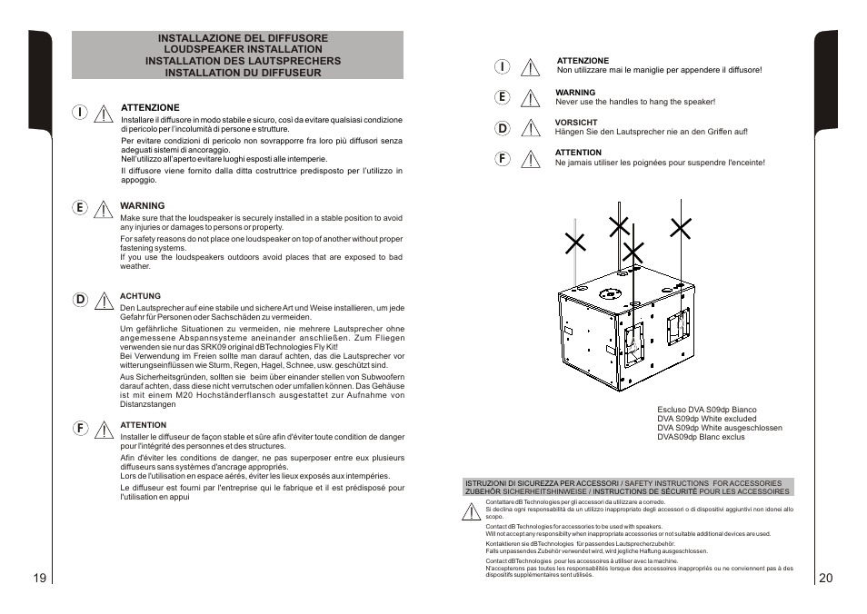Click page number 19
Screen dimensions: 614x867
pos(38,579)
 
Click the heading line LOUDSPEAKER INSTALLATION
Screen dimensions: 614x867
pos(236,49)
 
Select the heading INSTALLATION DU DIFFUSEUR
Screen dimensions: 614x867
pos(236,73)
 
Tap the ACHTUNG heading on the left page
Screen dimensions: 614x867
pos(140,296)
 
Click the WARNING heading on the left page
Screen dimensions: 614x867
pos(143,206)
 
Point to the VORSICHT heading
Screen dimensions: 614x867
pos(576,123)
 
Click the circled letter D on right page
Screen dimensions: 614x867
pos(502,129)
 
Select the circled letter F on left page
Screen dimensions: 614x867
pos(80,426)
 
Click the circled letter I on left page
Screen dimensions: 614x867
pos(80,112)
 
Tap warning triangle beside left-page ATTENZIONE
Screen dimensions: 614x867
pos(105,114)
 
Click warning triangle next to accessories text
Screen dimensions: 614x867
pos(471,512)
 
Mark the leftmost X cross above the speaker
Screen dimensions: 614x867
pos(574,241)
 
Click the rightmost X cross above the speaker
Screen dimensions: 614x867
pos(681,228)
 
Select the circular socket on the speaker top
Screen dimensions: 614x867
pos(608,293)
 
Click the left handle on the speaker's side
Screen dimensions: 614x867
pos(633,339)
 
